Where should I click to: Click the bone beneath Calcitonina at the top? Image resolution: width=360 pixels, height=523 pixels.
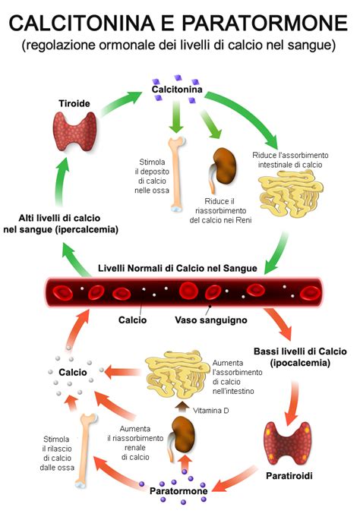(176, 172)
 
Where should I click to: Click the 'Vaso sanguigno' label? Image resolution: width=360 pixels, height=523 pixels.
(210, 320)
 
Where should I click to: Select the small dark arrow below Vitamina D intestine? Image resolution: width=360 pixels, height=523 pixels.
(183, 407)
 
